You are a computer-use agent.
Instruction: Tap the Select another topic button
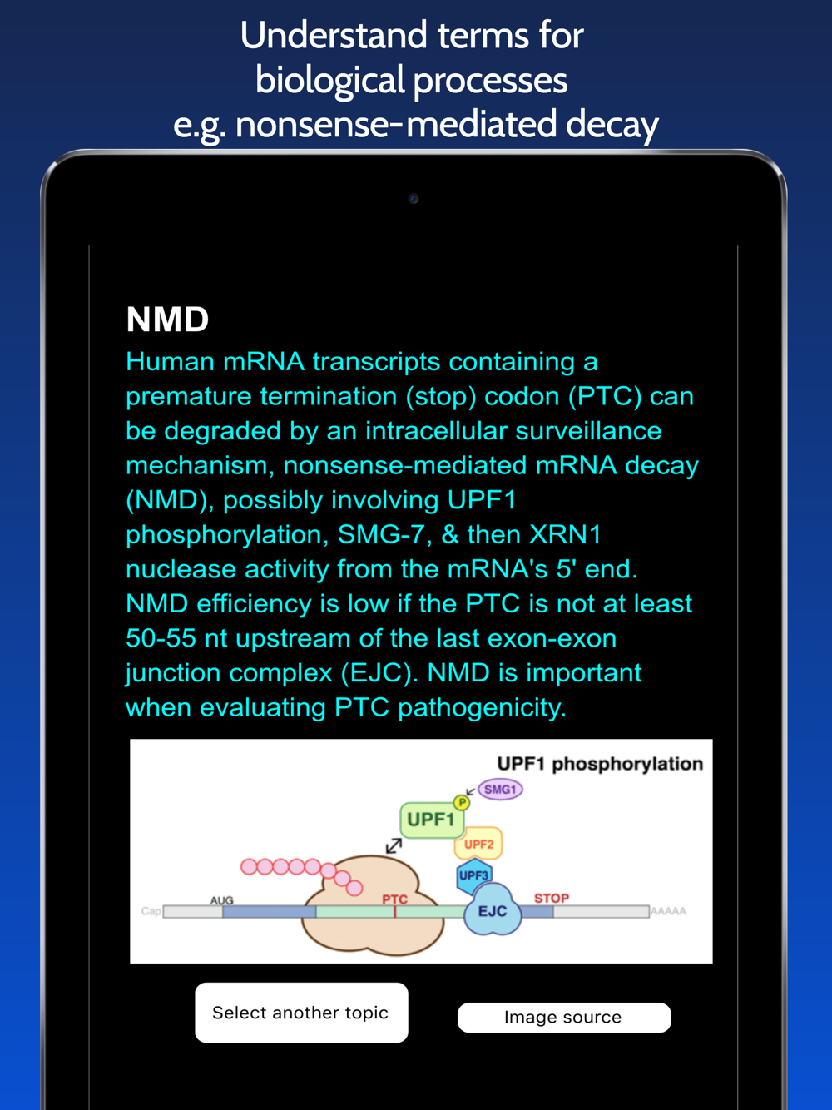tap(301, 1013)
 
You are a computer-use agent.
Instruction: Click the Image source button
tap(564, 1017)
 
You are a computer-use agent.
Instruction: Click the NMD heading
tap(167, 320)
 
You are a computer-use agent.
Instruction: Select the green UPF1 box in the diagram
tap(432, 820)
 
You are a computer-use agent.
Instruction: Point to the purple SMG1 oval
tap(500, 790)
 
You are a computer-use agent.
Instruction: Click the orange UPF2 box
tap(478, 844)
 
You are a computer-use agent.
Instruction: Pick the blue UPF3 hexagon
tap(474, 875)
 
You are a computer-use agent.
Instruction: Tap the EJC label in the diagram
tap(493, 911)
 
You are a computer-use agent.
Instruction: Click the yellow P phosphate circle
tap(462, 802)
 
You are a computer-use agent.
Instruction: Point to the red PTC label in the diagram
tap(394, 899)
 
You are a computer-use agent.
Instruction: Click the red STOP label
tap(552, 898)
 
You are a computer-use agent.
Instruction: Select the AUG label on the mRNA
tap(222, 900)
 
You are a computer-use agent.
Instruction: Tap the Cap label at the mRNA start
tap(151, 911)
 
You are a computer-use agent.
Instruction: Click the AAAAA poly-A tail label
tap(668, 911)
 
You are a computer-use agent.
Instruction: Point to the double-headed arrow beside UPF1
tap(394, 846)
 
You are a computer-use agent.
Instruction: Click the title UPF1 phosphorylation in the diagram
tap(600, 764)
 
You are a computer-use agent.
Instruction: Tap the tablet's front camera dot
tap(414, 199)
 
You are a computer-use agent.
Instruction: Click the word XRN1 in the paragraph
tap(565, 534)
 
